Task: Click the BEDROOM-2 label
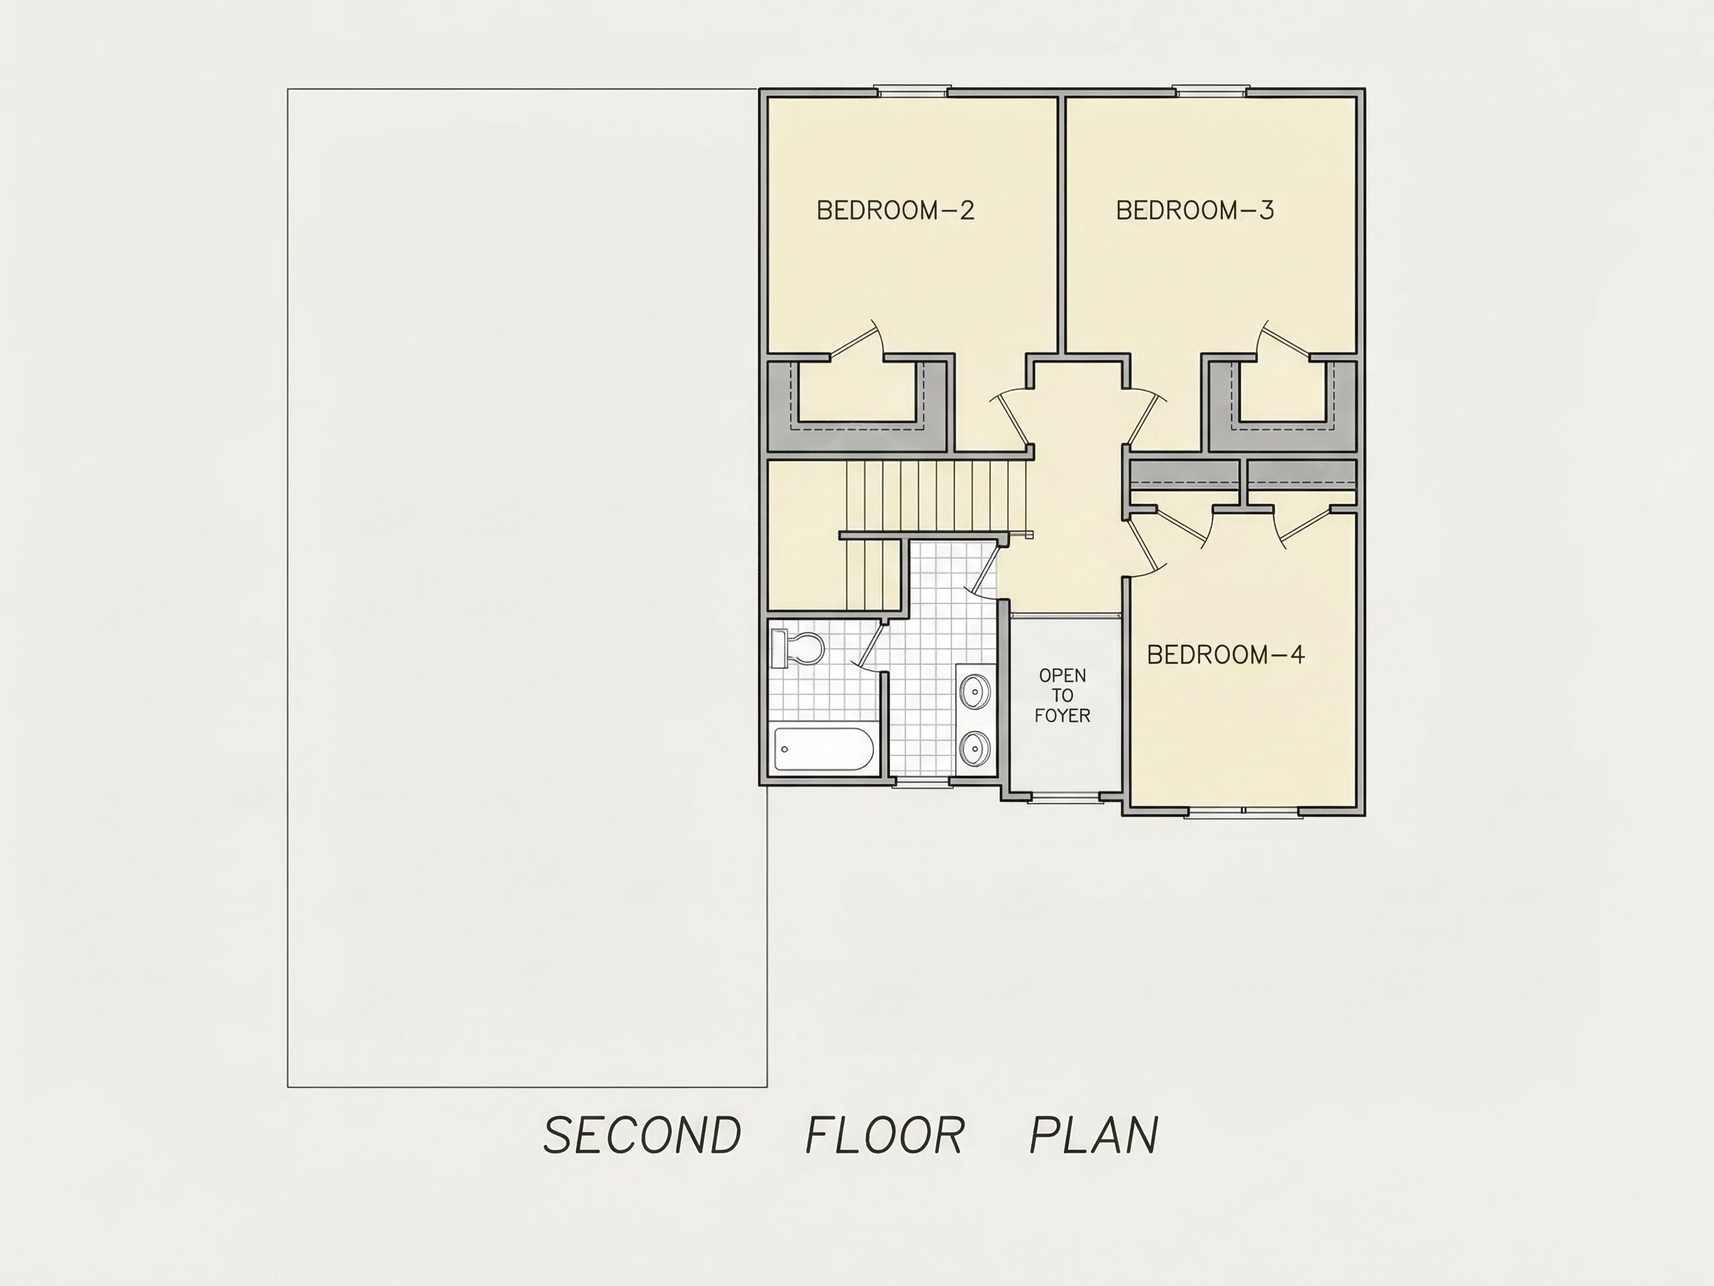pyautogui.click(x=895, y=210)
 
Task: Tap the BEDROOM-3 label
pyautogui.click(x=1195, y=210)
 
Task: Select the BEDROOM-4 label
pyautogui.click(x=1226, y=655)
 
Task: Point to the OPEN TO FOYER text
pyautogui.click(x=1062, y=695)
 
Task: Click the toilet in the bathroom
pyautogui.click(x=797, y=648)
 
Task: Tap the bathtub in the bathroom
pyautogui.click(x=824, y=749)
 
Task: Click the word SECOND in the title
pyautogui.click(x=642, y=1136)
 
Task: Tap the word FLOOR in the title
pyautogui.click(x=885, y=1136)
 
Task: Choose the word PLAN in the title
pyautogui.click(x=1094, y=1136)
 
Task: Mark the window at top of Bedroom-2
pyautogui.click(x=913, y=91)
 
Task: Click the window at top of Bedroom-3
pyautogui.click(x=1210, y=91)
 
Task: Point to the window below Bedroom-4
pyautogui.click(x=1243, y=812)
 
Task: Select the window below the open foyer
pyautogui.click(x=1064, y=796)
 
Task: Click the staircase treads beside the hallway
pyautogui.click(x=937, y=496)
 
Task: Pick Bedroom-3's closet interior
pyautogui.click(x=1283, y=392)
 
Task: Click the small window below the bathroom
pyautogui.click(x=921, y=782)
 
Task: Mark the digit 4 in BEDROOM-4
pyautogui.click(x=1297, y=655)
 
